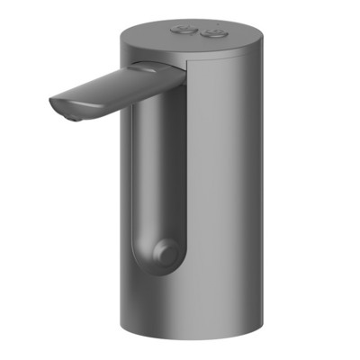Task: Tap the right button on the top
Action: click(214, 34)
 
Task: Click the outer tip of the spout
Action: click(57, 106)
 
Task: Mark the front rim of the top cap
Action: click(180, 54)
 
